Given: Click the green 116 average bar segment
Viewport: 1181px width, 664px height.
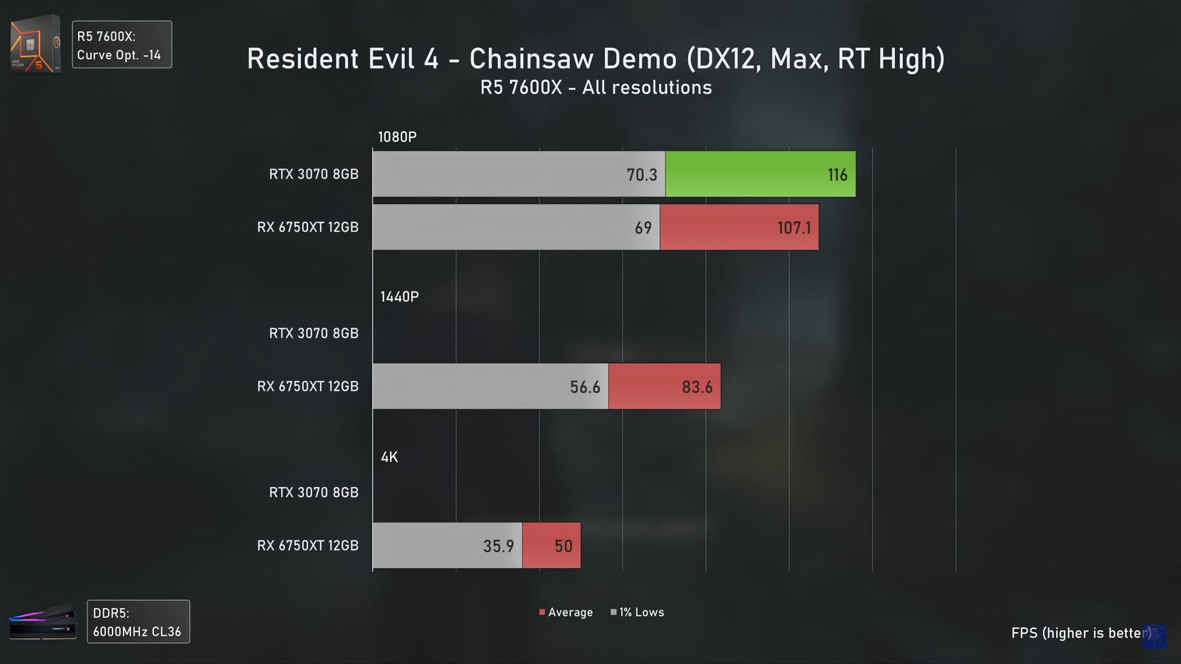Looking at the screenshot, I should pos(760,174).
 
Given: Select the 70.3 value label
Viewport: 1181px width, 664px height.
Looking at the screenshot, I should pos(642,175).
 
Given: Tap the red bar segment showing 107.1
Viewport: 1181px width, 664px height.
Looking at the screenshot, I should pos(739,227).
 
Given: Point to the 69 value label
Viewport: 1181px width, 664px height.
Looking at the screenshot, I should pos(643,228).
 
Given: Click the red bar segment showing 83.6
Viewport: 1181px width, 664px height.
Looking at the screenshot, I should pos(664,387).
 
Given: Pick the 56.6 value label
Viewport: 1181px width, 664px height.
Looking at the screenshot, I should pos(584,387).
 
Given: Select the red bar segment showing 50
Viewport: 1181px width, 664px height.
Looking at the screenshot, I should pos(551,546).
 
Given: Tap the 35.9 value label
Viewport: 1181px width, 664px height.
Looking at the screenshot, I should pos(498,547).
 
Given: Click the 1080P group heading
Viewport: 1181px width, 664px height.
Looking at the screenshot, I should pos(397,137).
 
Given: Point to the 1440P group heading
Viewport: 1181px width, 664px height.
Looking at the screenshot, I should pos(399,297).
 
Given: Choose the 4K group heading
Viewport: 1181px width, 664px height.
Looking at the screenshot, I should pos(389,457).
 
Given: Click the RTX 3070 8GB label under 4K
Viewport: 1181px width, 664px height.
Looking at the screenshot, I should pos(314,492).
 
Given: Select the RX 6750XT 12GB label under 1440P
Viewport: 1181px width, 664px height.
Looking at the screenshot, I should pos(308,387).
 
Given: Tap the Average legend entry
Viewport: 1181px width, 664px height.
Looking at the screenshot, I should pos(566,612).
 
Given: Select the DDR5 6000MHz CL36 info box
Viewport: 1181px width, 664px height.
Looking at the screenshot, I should pos(138,622).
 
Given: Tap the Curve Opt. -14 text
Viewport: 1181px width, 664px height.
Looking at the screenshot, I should pos(119,55).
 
